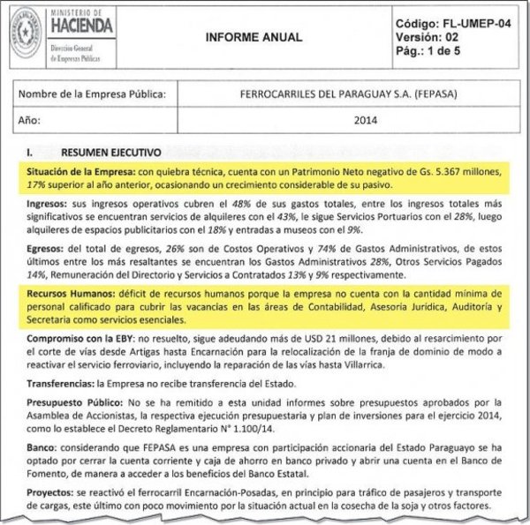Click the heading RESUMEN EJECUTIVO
[105, 152]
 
